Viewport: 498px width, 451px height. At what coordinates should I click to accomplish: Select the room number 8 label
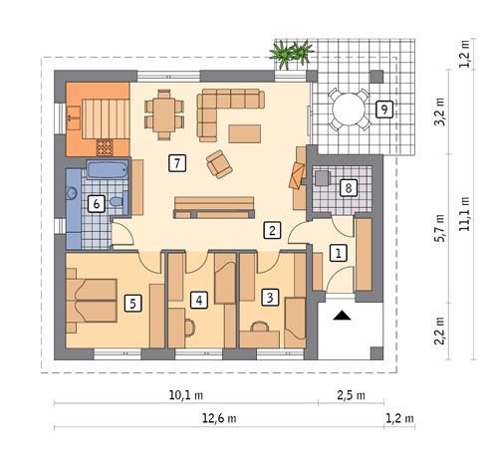click(348, 187)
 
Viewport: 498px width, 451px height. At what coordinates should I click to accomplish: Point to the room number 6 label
click(96, 204)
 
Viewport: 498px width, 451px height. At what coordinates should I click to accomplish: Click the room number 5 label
click(132, 303)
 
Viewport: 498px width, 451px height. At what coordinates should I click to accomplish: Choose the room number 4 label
click(200, 299)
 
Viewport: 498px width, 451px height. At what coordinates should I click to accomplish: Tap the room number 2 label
click(270, 230)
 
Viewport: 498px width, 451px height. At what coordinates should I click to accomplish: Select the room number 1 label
click(339, 254)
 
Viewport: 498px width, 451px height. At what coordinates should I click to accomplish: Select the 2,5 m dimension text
click(351, 395)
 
